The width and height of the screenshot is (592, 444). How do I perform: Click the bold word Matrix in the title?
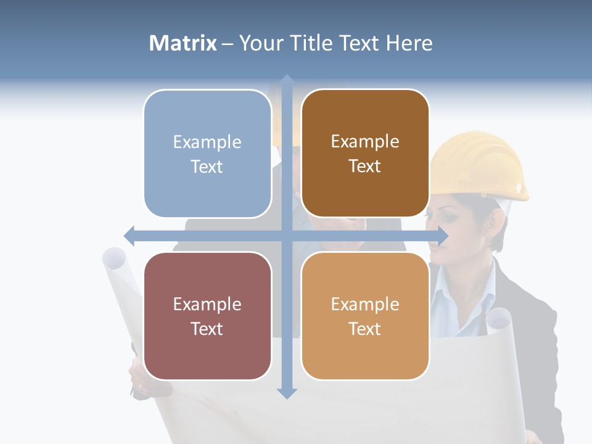pyautogui.click(x=183, y=43)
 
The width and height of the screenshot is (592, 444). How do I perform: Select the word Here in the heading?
pyautogui.click(x=409, y=43)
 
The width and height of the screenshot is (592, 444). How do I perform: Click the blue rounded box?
pyautogui.click(x=207, y=154)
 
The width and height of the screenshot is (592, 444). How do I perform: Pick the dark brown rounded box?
pyautogui.click(x=365, y=154)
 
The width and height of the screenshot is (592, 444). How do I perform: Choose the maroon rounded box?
pyautogui.click(x=207, y=316)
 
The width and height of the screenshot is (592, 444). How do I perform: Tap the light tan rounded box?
pyautogui.click(x=365, y=316)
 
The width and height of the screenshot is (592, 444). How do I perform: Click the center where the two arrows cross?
pyautogui.click(x=287, y=236)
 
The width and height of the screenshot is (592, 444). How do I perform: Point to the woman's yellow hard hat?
pyautogui.click(x=481, y=163)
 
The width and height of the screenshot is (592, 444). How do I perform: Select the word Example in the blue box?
pyautogui.click(x=207, y=142)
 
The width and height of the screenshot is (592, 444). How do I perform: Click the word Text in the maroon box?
pyautogui.click(x=207, y=329)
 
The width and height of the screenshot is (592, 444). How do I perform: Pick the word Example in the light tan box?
pyautogui.click(x=365, y=304)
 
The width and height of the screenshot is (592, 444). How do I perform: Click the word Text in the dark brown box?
pyautogui.click(x=365, y=166)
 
